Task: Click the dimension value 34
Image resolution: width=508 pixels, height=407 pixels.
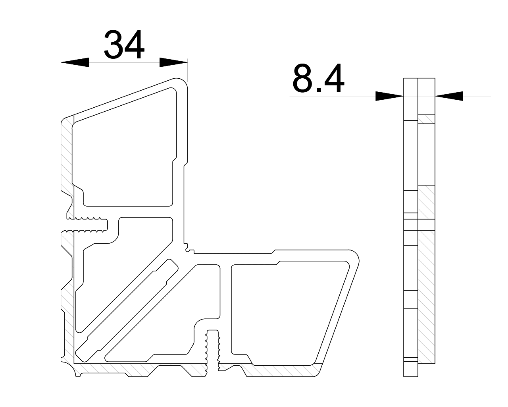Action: (x=124, y=45)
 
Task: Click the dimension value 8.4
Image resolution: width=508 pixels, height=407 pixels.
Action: (x=318, y=79)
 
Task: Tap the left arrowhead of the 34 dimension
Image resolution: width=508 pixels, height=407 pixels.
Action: (x=75, y=62)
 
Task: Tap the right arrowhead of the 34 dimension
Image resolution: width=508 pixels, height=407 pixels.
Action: (x=173, y=62)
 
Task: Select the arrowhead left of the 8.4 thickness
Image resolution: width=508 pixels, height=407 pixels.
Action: (x=389, y=96)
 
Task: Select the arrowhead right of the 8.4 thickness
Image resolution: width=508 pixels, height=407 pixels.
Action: (x=449, y=96)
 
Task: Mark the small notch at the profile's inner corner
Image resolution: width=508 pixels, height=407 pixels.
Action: (x=189, y=250)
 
